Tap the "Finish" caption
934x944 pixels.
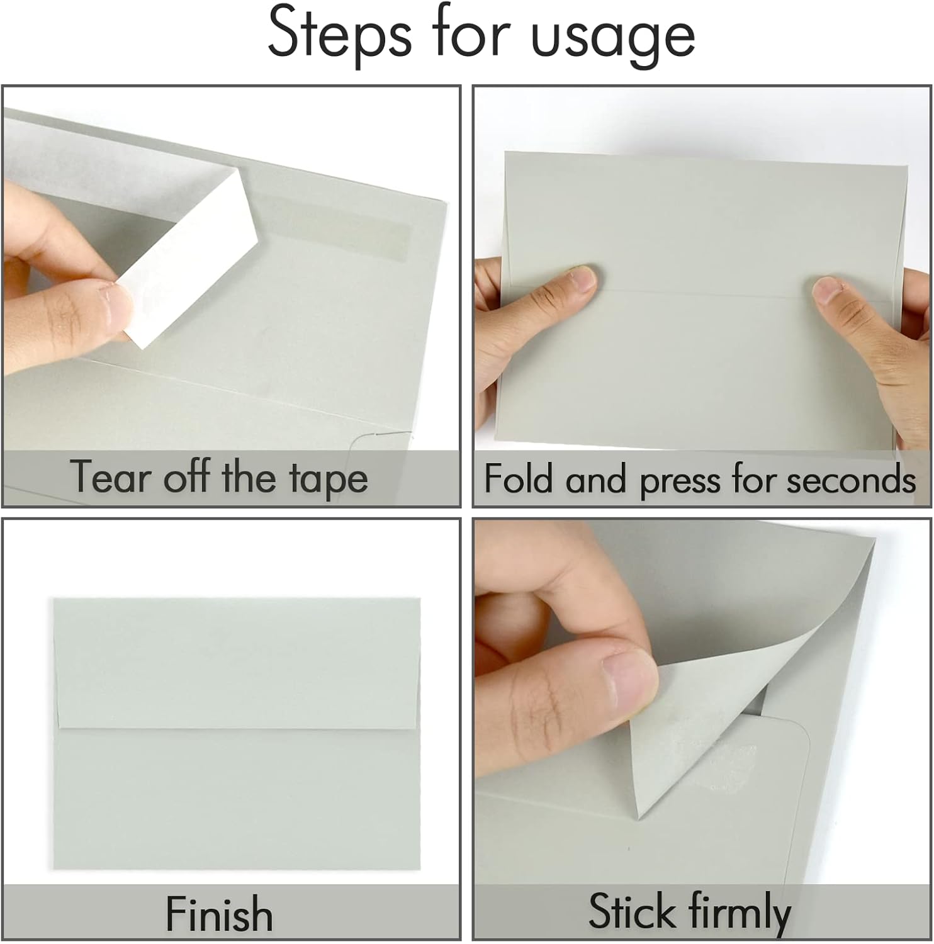pos(219,914)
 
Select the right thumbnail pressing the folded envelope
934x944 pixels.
pos(827,290)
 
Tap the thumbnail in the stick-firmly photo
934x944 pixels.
pos(630,680)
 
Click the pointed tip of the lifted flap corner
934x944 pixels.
pos(639,818)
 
